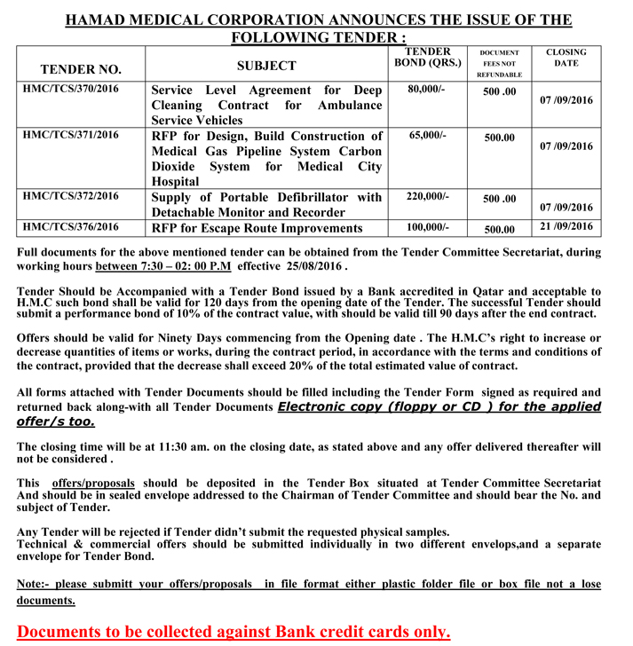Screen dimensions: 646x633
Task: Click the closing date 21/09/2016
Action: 566,227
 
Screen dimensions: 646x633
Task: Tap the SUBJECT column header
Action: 266,66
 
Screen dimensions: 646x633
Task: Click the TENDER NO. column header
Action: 82,69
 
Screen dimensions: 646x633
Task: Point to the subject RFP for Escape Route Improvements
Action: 257,228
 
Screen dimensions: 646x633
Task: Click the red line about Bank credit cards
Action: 233,631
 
